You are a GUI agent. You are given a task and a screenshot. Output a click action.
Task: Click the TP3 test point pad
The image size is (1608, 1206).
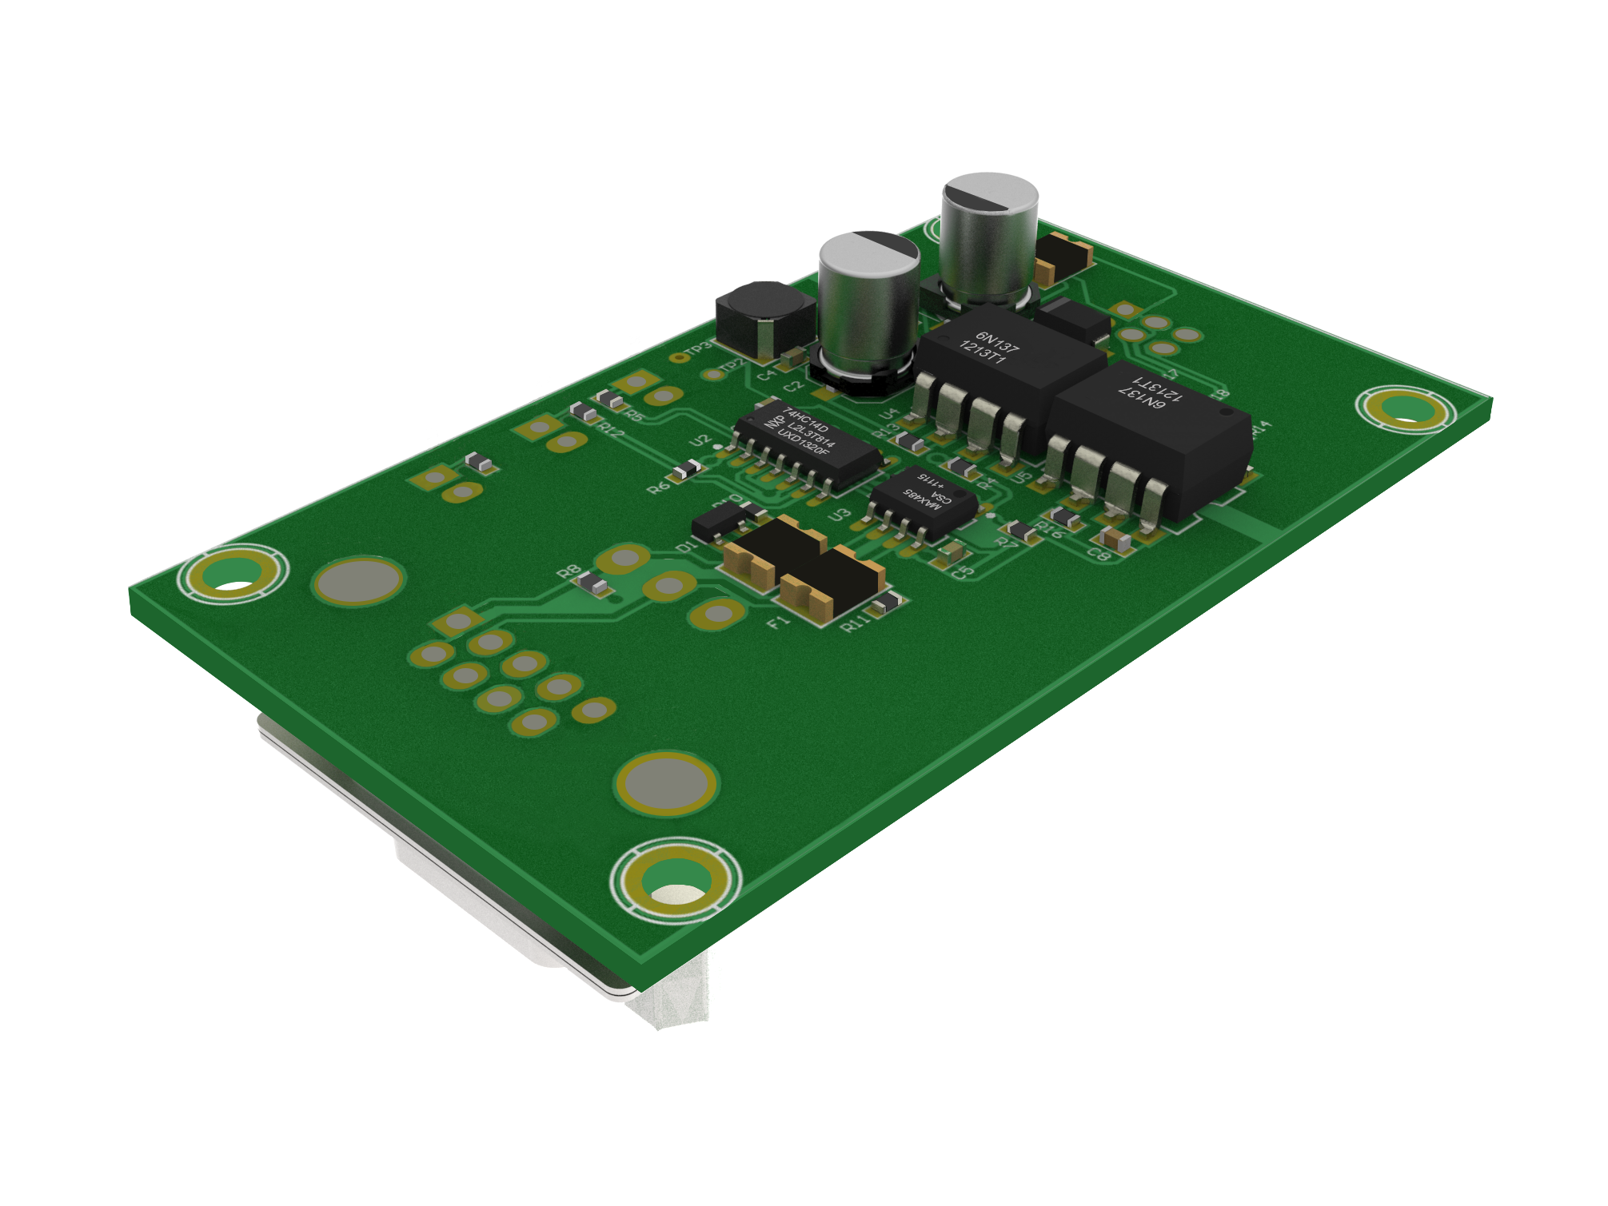pos(679,357)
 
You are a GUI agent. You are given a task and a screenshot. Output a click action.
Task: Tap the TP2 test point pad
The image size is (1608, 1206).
pos(710,374)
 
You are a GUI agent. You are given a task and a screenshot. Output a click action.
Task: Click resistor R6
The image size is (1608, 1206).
pos(686,471)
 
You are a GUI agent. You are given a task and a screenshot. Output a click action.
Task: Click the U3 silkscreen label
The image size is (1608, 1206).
pos(839,515)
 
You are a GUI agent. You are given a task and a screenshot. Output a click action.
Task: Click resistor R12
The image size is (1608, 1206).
pos(585,413)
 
